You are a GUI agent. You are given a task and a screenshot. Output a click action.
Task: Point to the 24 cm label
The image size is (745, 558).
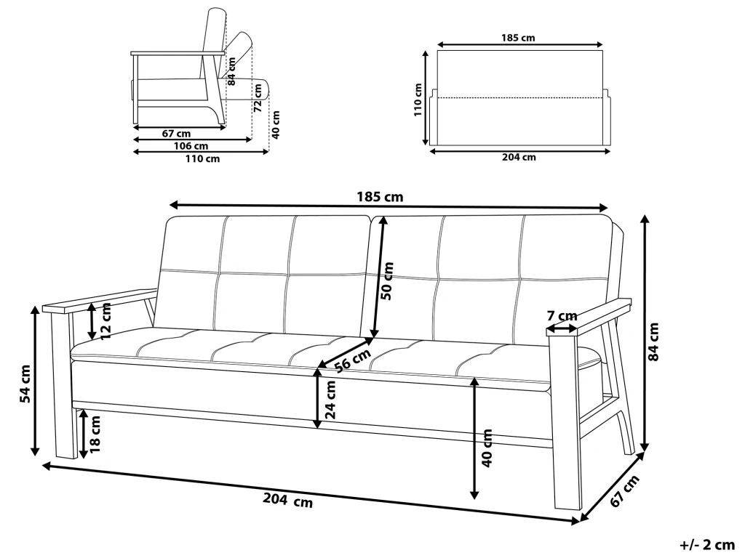pyautogui.click(x=330, y=399)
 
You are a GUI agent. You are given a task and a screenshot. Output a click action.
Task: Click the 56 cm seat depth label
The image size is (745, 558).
pyautogui.click(x=352, y=360)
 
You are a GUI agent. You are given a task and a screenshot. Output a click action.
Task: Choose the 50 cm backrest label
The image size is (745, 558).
pyautogui.click(x=388, y=280)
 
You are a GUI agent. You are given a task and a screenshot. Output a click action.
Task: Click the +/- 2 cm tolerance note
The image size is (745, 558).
pyautogui.click(x=707, y=545)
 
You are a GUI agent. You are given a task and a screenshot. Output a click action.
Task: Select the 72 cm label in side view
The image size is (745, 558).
pyautogui.click(x=258, y=97)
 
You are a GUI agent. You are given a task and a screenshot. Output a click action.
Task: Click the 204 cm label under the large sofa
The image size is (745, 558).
pyautogui.click(x=288, y=500)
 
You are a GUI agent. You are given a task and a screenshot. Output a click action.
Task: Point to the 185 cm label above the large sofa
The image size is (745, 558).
pyautogui.click(x=380, y=197)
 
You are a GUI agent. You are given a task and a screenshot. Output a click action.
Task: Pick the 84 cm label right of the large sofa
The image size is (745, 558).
pyautogui.click(x=654, y=341)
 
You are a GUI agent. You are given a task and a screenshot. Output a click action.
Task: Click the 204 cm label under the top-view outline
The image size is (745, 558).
pyautogui.click(x=519, y=157)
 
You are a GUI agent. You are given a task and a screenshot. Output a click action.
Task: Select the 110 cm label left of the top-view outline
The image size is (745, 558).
pyautogui.click(x=418, y=100)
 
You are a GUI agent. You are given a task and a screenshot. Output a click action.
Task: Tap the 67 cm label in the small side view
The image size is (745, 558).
pyautogui.click(x=176, y=134)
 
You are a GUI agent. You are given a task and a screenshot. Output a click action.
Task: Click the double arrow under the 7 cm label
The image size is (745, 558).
pyautogui.click(x=562, y=328)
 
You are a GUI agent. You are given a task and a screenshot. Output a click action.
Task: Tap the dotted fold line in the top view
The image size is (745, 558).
pyautogui.click(x=519, y=98)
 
